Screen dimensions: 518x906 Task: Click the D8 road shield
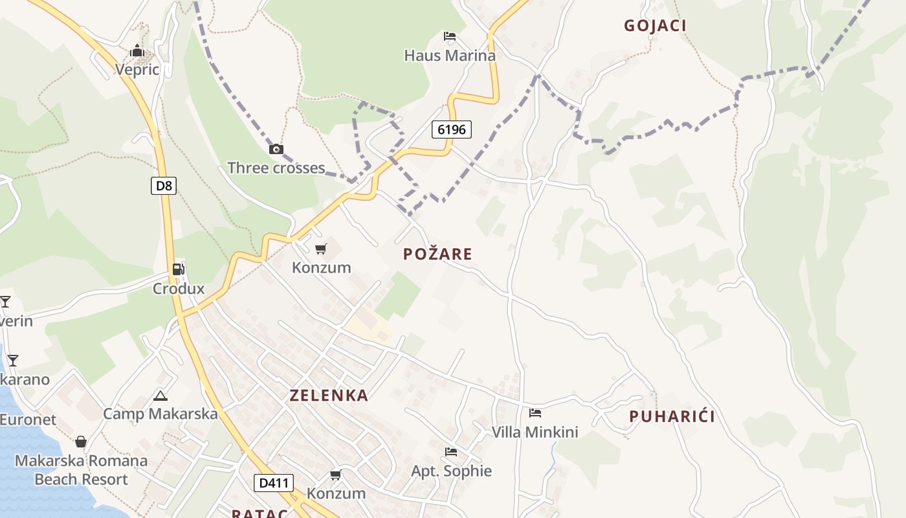point(164,186)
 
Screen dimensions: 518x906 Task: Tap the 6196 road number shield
point(452,129)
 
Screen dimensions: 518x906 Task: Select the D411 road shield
point(274,482)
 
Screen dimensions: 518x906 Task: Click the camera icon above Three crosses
point(276,150)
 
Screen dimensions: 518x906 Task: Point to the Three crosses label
point(276,168)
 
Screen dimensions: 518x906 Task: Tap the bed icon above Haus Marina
point(450,36)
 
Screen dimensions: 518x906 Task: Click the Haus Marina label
point(450,56)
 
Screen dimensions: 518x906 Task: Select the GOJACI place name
point(655,26)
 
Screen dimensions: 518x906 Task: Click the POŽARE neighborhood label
point(437,254)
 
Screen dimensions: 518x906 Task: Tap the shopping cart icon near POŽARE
point(321,249)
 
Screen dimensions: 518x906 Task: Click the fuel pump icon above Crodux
point(179,269)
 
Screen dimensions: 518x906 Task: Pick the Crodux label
point(179,289)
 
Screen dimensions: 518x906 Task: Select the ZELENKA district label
point(329,396)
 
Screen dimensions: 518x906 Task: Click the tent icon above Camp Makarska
point(160,395)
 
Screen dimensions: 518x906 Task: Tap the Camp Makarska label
point(160,414)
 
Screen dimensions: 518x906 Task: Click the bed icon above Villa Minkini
point(535,412)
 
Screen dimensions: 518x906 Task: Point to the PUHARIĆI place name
point(672,416)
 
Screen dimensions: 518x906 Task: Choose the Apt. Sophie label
point(452,471)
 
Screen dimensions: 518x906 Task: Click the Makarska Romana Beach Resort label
point(82,471)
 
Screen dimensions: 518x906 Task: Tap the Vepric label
point(137,69)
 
